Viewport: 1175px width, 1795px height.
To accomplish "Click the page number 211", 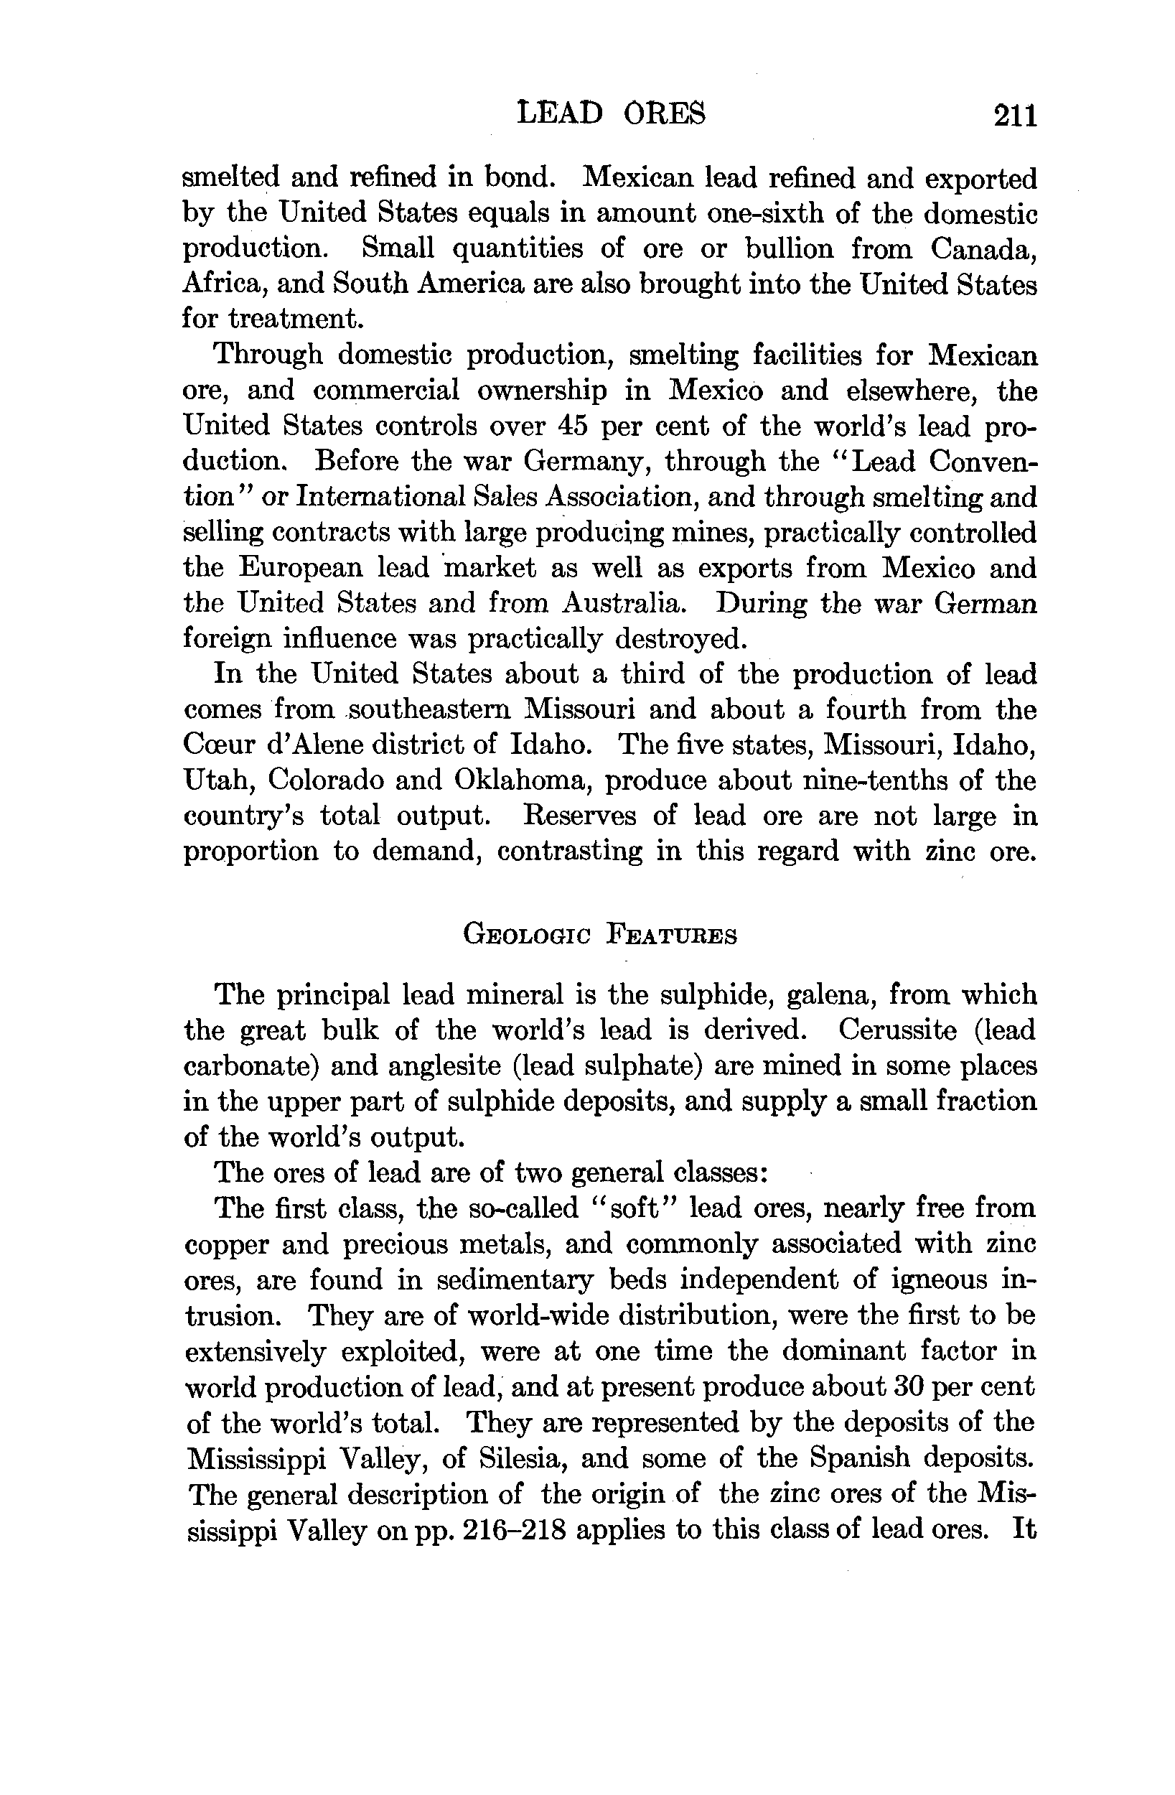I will point(1015,116).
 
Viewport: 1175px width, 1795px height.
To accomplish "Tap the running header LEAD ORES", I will point(612,114).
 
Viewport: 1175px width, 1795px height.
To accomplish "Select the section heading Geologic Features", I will point(600,936).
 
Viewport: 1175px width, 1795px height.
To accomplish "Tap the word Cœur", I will point(218,745).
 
